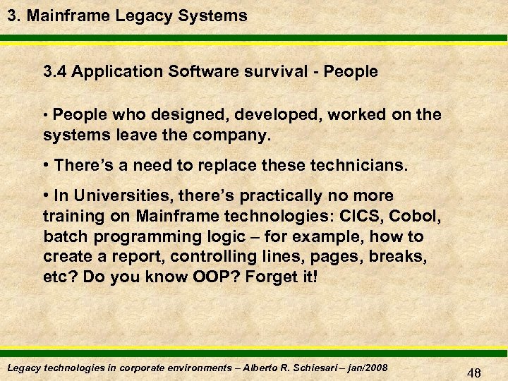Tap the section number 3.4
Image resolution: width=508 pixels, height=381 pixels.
click(x=56, y=71)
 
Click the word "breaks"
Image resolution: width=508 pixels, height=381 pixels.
click(x=404, y=256)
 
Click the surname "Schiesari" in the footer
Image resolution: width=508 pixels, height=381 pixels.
click(x=308, y=368)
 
